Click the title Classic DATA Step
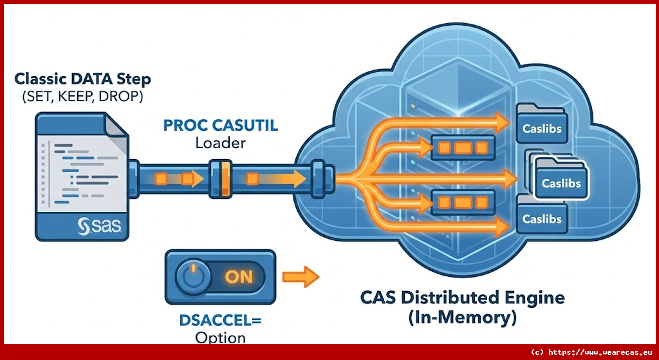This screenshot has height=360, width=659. pos(83,80)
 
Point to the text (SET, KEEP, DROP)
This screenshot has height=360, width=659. pos(82,98)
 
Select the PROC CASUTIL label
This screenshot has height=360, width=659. pos(221,125)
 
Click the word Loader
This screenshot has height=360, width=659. pos(220,142)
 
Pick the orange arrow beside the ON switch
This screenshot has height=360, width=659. pos(301,278)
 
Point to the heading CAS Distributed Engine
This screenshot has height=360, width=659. pos(463,298)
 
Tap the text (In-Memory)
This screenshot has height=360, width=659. pos(461,317)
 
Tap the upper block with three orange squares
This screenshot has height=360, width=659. pos(463,147)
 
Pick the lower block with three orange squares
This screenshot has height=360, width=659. pos(463,203)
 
